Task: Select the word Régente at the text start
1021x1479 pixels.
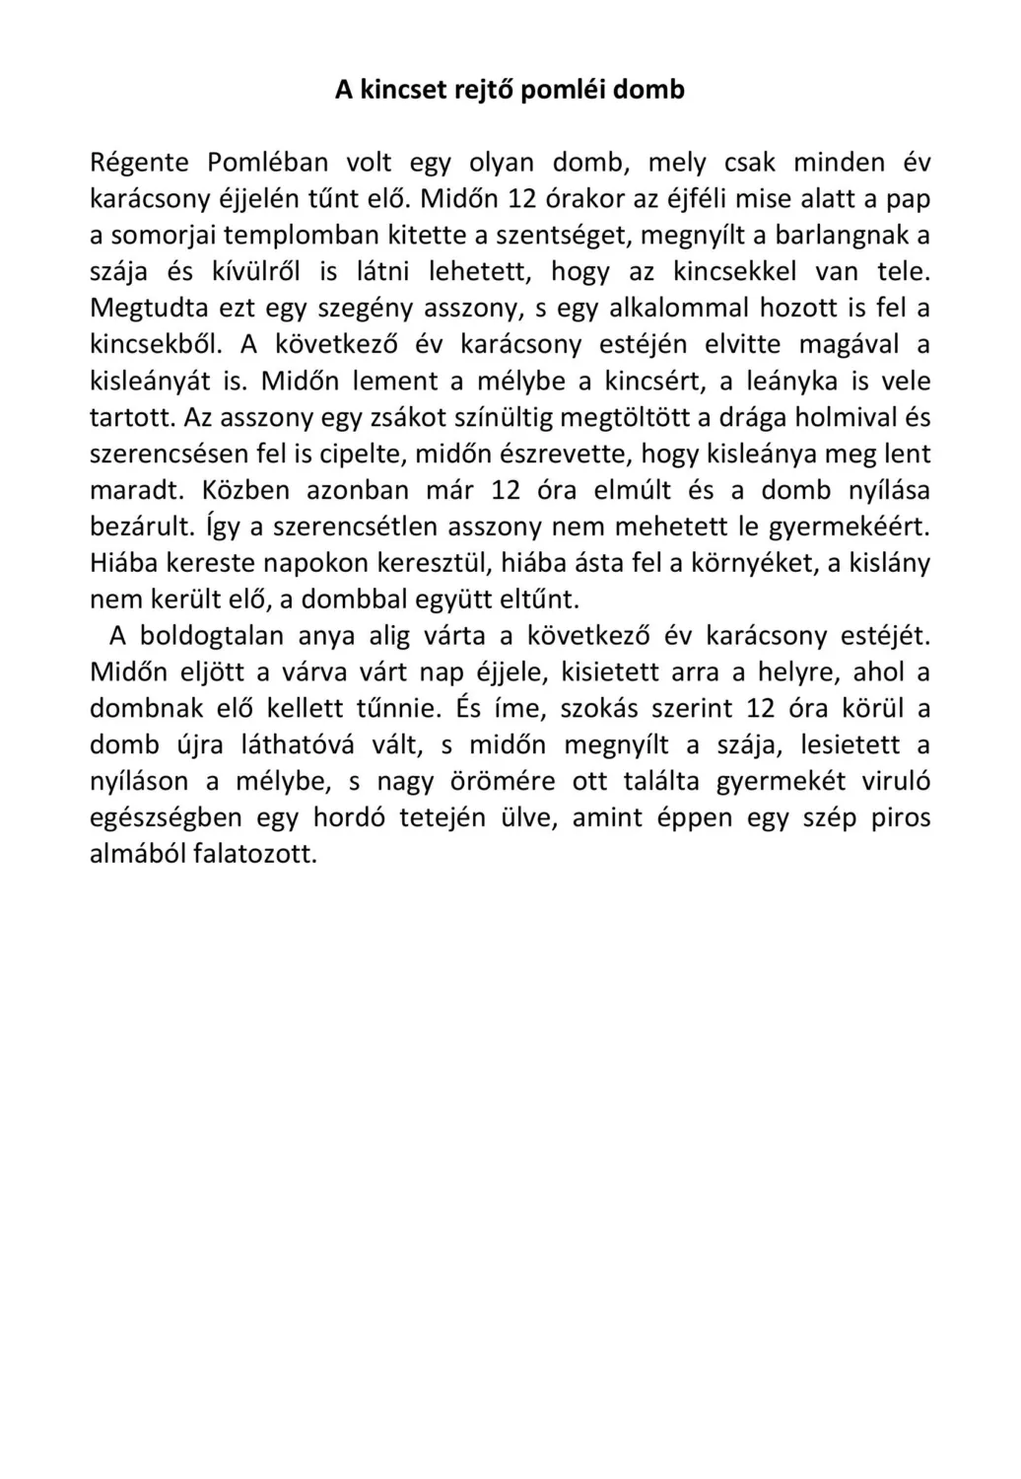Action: pyautogui.click(x=138, y=163)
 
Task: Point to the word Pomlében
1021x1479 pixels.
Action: pyautogui.click(x=267, y=163)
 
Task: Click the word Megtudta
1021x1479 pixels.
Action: pyautogui.click(x=147, y=308)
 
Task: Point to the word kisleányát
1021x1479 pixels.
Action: pyautogui.click(x=152, y=381)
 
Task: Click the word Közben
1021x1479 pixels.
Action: pyautogui.click(x=241, y=490)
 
